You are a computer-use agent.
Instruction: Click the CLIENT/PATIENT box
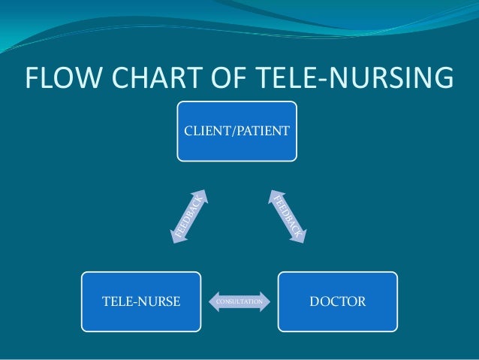click(236, 131)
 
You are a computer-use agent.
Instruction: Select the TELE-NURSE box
click(141, 302)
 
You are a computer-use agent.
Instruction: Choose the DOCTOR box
click(337, 302)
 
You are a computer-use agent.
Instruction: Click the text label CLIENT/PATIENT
click(236, 131)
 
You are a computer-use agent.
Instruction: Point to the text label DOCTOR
click(337, 302)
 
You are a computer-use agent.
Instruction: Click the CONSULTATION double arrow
click(239, 302)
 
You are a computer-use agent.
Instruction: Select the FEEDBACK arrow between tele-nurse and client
click(190, 216)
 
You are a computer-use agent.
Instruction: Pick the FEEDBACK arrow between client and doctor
click(286, 216)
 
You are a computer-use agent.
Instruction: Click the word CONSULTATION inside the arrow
click(239, 302)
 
